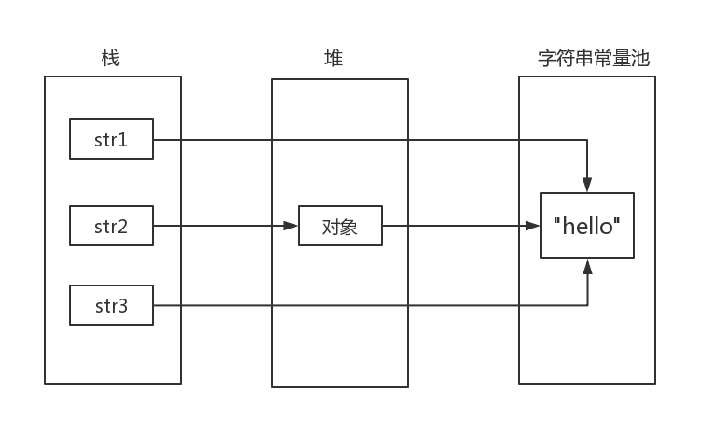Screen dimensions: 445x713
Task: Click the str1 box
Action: pyautogui.click(x=111, y=140)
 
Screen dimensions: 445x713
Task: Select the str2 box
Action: pyautogui.click(x=111, y=226)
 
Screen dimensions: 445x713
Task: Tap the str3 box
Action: pyautogui.click(x=111, y=305)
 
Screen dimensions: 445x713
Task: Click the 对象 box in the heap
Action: pyautogui.click(x=340, y=226)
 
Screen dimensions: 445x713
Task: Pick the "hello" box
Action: pyautogui.click(x=587, y=226)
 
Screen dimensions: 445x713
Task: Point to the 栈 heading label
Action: pyautogui.click(x=111, y=58)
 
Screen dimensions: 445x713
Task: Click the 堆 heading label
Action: pyautogui.click(x=334, y=58)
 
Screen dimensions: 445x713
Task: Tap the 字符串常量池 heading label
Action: pyautogui.click(x=594, y=58)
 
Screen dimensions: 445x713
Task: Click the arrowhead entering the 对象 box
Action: pyautogui.click(x=292, y=226)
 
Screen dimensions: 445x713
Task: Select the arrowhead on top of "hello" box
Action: pyautogui.click(x=587, y=186)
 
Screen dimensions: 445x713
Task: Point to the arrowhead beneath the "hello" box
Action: pyautogui.click(x=587, y=267)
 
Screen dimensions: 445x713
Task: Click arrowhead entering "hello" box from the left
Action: pyautogui.click(x=533, y=226)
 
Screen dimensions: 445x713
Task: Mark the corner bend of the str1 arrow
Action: pyautogui.click(x=587, y=140)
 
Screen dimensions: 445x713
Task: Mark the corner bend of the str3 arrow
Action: pyautogui.click(x=587, y=305)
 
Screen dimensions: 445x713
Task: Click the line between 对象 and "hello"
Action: pyautogui.click(x=457, y=226)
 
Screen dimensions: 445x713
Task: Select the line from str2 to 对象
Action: pyautogui.click(x=219, y=226)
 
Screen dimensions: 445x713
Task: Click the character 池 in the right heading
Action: pyautogui.click(x=639, y=58)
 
